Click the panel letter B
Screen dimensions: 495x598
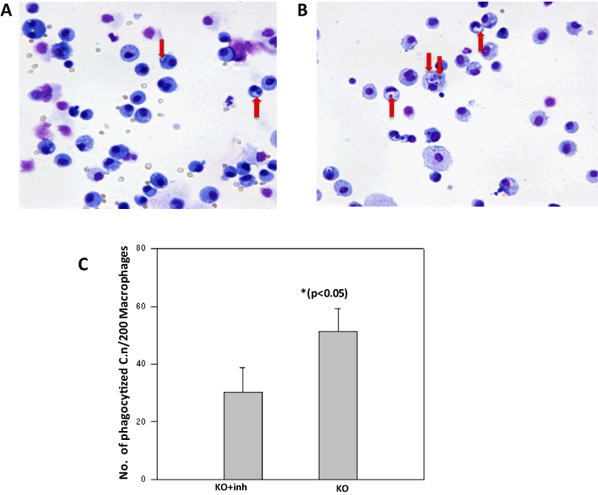[303, 10]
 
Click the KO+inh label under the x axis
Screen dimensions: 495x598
[243, 488]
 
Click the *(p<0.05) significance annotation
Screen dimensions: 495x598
[337, 292]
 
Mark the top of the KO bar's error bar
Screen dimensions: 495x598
[337, 308]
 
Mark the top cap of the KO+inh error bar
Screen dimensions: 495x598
[243, 368]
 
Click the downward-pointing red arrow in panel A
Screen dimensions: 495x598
[161, 48]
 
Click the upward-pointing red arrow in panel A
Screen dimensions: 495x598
[257, 107]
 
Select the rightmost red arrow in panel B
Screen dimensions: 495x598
[481, 41]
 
